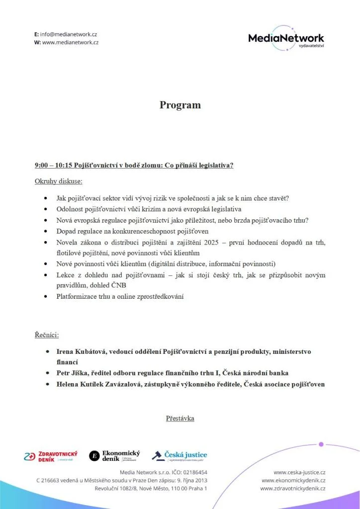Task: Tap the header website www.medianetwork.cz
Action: (x=70, y=42)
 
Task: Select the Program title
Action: (x=180, y=105)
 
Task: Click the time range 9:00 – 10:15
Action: (x=53, y=165)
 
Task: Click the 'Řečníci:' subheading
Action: (x=47, y=335)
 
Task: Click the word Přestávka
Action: (x=180, y=419)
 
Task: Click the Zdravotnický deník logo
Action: (x=51, y=456)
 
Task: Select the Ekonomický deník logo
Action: (x=114, y=455)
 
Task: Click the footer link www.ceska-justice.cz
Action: (x=299, y=472)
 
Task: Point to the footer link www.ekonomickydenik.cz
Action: (x=293, y=480)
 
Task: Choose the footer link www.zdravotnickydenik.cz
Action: (x=293, y=489)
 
